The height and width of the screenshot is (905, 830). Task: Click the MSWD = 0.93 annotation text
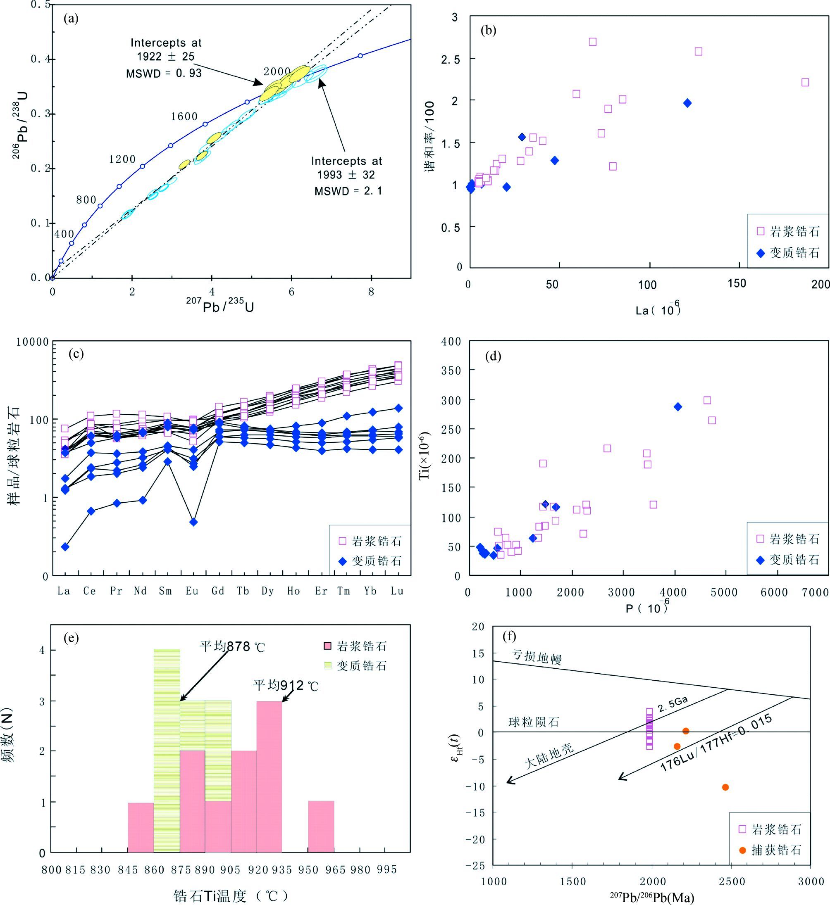(x=164, y=73)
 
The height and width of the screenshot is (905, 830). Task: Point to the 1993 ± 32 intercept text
(x=346, y=175)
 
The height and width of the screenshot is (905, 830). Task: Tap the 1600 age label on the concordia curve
(x=184, y=117)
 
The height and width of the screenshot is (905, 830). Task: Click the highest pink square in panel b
(x=592, y=42)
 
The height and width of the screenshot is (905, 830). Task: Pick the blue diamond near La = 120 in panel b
(x=687, y=103)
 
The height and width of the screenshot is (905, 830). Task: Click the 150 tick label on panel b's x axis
(x=737, y=284)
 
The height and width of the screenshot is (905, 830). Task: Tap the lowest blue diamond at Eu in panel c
(x=193, y=522)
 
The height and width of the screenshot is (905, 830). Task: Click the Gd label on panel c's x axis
(x=218, y=591)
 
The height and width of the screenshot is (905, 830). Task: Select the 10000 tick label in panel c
(x=32, y=342)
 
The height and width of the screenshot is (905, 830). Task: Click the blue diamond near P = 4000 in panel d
(x=678, y=407)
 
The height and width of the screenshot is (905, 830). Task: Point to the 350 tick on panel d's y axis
(x=451, y=371)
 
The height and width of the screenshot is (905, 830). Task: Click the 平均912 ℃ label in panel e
(x=286, y=686)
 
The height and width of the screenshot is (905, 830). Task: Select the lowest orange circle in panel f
(x=725, y=787)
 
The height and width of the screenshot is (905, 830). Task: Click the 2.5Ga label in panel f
(x=673, y=705)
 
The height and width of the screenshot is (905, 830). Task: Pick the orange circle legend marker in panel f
(x=742, y=850)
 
